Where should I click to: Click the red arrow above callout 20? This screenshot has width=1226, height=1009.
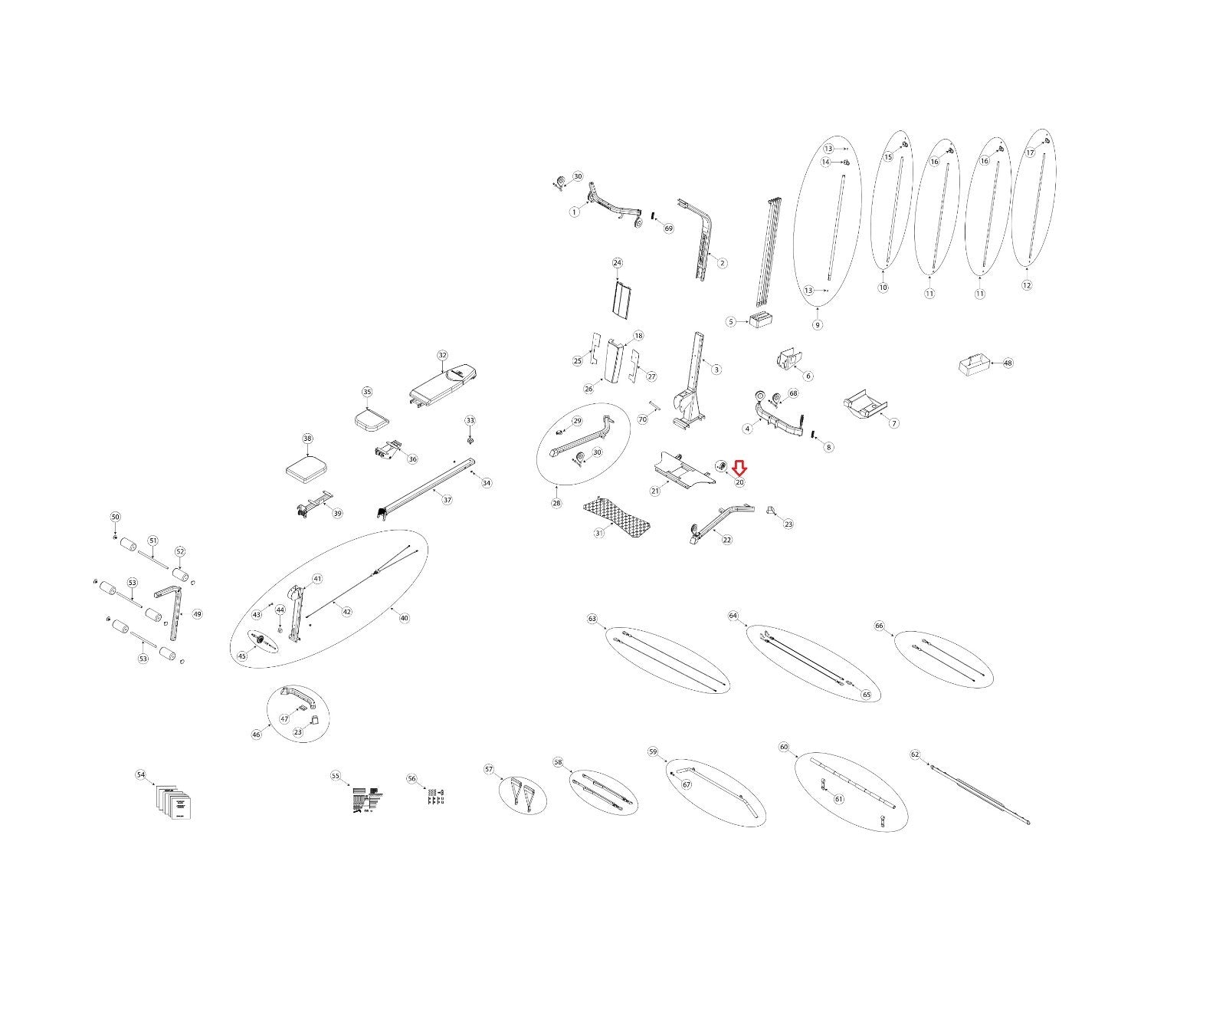coord(739,468)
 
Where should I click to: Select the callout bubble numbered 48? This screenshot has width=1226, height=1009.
coord(1008,363)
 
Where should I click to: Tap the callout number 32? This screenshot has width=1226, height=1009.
coord(442,355)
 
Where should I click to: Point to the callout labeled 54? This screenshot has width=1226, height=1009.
coord(140,775)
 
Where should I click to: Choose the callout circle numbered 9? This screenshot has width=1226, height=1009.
coord(818,325)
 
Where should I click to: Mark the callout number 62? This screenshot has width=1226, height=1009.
coord(915,754)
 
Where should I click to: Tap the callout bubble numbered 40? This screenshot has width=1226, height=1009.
coord(405,618)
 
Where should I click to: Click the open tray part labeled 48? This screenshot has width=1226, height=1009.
coord(974,364)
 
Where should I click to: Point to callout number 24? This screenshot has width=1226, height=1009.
coord(618,263)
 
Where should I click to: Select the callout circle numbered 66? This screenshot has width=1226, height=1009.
coord(879,626)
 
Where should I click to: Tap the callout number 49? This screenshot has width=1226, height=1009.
coord(197,614)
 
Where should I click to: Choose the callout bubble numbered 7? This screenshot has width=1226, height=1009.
coord(893,423)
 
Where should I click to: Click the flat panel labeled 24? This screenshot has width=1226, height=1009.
coord(621,298)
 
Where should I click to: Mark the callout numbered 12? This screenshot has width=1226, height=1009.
coord(1027,285)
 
